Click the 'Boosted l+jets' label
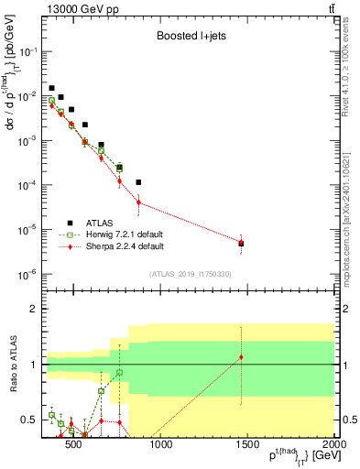(191, 38)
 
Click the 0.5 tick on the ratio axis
(32, 420)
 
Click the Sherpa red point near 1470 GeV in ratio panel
(241, 356)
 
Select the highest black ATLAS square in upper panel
(51, 88)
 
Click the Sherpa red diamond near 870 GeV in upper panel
(138, 202)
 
